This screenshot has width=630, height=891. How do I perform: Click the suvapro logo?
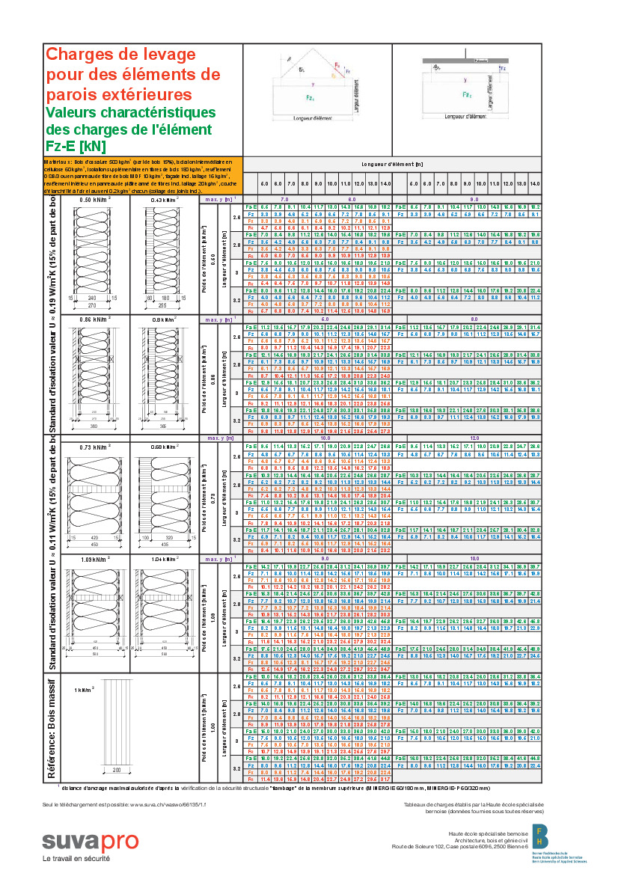click(x=90, y=841)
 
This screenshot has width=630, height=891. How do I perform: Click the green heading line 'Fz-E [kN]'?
click(x=76, y=146)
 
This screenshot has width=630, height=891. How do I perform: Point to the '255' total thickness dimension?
click(x=166, y=305)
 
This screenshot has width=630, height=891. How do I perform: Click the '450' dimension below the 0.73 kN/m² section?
click(x=96, y=545)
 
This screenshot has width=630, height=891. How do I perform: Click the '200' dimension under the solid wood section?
click(x=117, y=771)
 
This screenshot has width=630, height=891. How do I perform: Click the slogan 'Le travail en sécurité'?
click(x=76, y=858)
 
